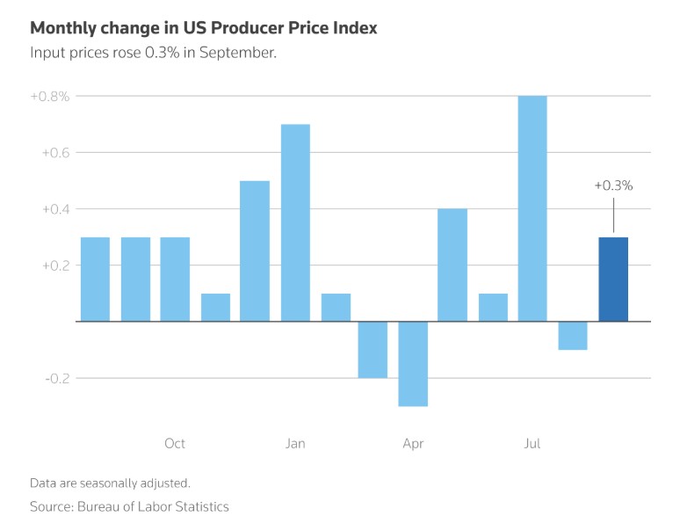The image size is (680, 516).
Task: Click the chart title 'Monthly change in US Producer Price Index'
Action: click(x=204, y=28)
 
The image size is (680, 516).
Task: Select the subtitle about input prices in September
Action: click(x=154, y=53)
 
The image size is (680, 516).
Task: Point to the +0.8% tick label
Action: click(x=49, y=96)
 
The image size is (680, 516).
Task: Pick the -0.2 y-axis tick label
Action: click(x=54, y=378)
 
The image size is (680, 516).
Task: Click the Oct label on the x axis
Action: click(x=175, y=443)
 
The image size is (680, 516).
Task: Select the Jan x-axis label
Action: click(x=295, y=443)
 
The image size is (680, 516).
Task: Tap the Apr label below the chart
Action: click(x=413, y=443)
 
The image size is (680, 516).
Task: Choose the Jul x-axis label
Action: click(x=532, y=443)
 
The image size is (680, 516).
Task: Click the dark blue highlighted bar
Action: click(x=613, y=280)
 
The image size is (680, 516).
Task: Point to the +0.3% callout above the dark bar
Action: click(x=613, y=185)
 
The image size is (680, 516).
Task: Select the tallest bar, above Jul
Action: click(x=532, y=208)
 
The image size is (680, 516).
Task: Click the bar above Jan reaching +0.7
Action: click(x=295, y=222)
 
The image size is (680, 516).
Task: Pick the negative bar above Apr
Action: click(x=413, y=363)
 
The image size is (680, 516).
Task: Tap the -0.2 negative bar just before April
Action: click(x=373, y=349)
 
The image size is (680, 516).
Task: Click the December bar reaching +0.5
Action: click(x=255, y=251)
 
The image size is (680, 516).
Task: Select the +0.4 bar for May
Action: click(x=452, y=265)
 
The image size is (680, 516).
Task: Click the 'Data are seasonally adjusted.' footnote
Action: click(x=110, y=483)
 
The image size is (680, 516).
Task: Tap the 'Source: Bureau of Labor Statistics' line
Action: click(x=129, y=506)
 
